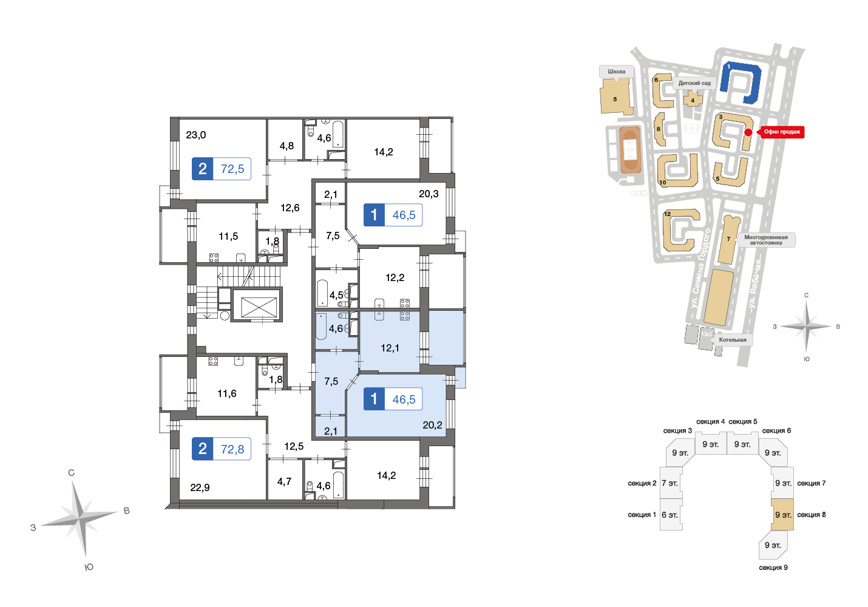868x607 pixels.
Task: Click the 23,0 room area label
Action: (195, 135)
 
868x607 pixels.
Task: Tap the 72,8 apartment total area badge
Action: (222, 449)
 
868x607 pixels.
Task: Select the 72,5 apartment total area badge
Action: (222, 169)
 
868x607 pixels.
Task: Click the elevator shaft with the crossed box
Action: (259, 308)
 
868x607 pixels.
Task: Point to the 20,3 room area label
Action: (429, 194)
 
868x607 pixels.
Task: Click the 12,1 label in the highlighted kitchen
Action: (390, 348)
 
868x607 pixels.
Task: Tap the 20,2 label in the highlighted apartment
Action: (432, 426)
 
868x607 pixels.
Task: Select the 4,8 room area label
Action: (287, 146)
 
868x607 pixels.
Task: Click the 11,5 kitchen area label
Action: (228, 236)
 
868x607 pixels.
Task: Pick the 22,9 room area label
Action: (200, 487)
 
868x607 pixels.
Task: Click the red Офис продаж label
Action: (782, 132)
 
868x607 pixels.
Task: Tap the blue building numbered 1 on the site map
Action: (741, 82)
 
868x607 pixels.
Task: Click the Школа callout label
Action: (617, 72)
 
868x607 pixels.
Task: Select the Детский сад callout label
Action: (694, 83)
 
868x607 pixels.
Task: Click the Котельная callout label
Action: (733, 340)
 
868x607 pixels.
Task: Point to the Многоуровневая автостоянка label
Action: (765, 240)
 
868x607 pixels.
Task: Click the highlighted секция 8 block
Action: (782, 515)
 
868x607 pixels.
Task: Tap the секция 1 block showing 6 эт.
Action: (671, 515)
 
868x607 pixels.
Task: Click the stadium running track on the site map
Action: (630, 149)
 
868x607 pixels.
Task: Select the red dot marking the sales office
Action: (748, 132)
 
